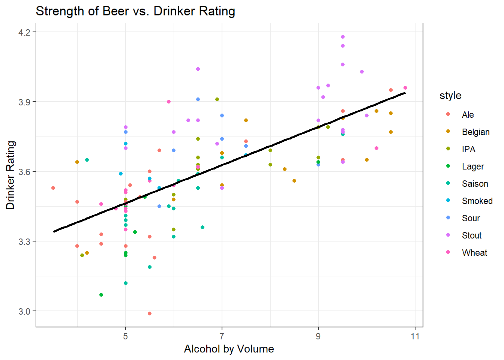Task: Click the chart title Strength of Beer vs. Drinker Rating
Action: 135,11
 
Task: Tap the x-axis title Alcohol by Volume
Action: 229,349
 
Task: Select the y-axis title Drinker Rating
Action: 10,175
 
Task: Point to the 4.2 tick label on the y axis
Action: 24,32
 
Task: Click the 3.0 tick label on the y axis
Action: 24,311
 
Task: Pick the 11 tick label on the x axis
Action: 415,336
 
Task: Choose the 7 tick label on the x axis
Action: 222,336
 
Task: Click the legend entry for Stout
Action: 471,235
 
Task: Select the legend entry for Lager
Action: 472,166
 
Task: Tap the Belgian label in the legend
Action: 475,132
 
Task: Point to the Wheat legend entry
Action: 474,253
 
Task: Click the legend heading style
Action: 450,96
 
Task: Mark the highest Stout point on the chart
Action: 343,37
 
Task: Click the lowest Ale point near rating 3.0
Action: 150,313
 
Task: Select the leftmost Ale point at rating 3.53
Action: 53,188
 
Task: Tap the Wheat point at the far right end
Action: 405,88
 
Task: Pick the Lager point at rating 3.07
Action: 101,295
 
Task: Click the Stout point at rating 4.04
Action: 198,69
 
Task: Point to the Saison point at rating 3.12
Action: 126,283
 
